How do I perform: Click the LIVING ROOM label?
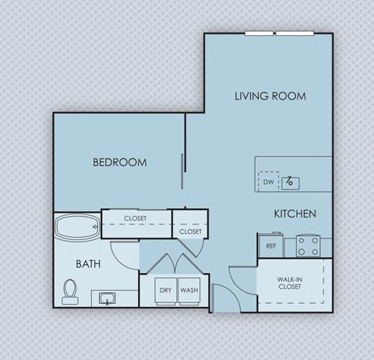pyautogui.click(x=270, y=97)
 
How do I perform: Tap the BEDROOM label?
pyautogui.click(x=120, y=163)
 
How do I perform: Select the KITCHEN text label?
pyautogui.click(x=294, y=214)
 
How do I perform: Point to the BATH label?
pyautogui.click(x=88, y=264)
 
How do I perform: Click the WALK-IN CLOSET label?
pyautogui.click(x=290, y=282)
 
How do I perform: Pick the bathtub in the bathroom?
pyautogui.click(x=76, y=228)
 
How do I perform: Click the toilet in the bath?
pyautogui.click(x=70, y=291)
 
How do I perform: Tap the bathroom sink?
pyautogui.click(x=107, y=298)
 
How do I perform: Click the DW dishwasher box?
pyautogui.click(x=268, y=182)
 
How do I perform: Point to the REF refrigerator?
pyautogui.click(x=271, y=245)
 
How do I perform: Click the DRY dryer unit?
pyautogui.click(x=165, y=290)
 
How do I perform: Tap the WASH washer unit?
pyautogui.click(x=189, y=290)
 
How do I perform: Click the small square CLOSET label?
pyautogui.click(x=191, y=231)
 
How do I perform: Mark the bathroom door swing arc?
pyautogui.click(x=123, y=254)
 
